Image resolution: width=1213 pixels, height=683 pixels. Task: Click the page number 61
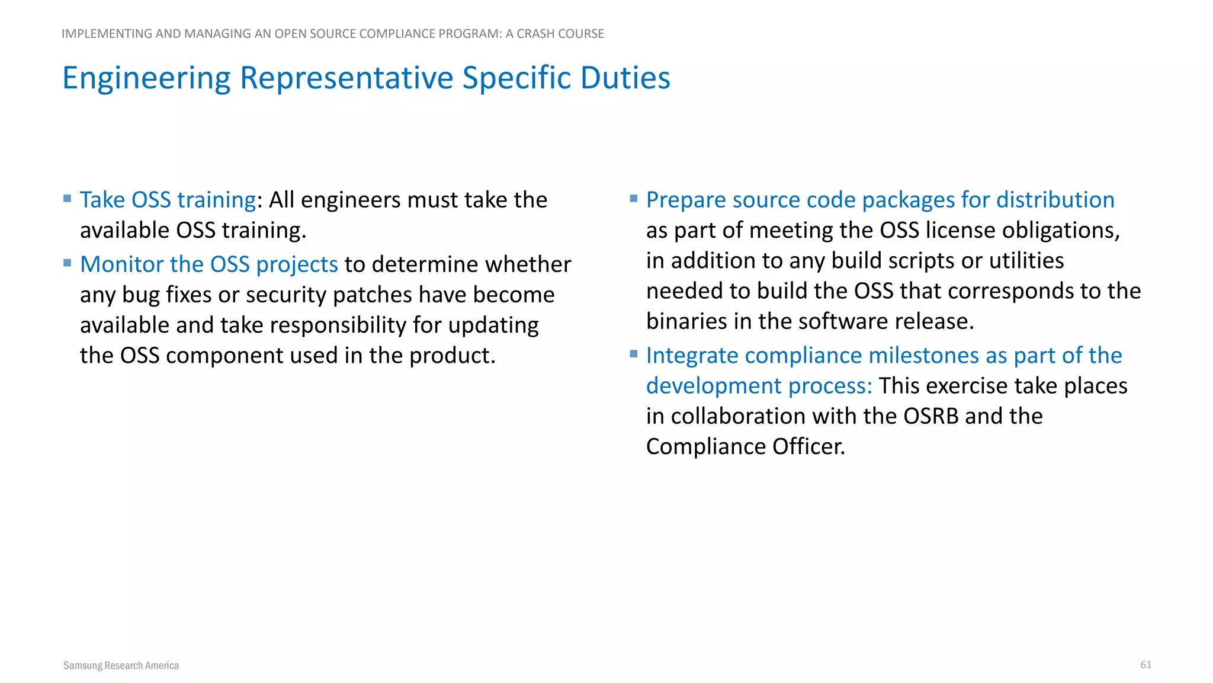coord(1145,665)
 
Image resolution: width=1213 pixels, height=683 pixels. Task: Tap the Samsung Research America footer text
coord(121,665)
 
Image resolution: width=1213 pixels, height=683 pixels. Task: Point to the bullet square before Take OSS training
coord(68,199)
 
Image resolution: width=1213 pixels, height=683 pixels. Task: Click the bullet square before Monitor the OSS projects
coord(68,263)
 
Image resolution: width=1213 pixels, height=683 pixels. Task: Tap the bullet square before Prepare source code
coord(634,199)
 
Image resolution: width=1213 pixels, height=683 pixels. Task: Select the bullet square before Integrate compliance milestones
coord(634,354)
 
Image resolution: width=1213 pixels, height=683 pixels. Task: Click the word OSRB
coord(930,416)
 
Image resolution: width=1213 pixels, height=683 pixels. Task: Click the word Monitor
coord(121,264)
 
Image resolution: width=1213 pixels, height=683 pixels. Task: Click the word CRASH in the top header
coord(535,34)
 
